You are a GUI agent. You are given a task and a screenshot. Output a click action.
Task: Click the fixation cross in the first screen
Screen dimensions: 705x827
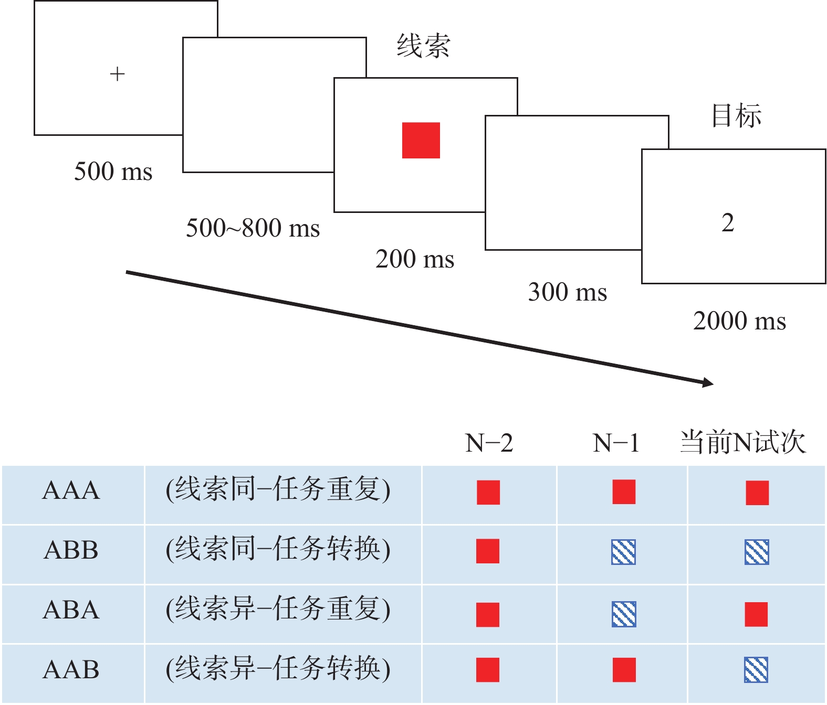coord(117,74)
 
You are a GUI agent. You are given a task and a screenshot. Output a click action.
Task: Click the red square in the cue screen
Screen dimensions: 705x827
coord(421,140)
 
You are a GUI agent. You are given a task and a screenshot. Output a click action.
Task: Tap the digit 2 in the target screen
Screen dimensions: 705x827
coord(728,223)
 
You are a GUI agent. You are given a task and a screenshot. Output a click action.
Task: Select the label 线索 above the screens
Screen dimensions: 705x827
coord(423,46)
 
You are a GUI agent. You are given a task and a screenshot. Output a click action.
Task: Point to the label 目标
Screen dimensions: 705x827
coord(736,115)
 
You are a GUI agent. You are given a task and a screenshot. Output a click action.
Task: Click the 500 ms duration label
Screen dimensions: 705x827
coord(113,172)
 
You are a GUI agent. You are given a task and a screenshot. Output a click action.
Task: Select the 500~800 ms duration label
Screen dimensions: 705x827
coord(253,228)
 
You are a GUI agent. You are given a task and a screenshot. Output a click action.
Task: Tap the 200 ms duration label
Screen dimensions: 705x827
coord(415,259)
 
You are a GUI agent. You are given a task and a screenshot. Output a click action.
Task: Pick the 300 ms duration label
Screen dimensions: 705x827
coord(567,292)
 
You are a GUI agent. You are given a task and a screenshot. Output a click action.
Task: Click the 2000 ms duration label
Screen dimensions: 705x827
coord(739,321)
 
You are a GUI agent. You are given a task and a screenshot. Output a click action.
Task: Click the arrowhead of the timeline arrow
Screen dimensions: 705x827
coord(707,382)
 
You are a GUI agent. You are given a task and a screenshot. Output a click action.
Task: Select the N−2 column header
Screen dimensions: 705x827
coord(489,443)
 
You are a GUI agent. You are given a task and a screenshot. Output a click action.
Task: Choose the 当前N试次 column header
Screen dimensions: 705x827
coord(742,442)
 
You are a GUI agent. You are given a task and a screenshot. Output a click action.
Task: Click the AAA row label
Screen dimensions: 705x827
coord(71,490)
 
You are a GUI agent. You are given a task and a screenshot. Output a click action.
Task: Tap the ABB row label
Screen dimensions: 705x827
coord(71,550)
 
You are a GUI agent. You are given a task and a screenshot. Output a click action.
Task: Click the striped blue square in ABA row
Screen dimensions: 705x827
coord(624,614)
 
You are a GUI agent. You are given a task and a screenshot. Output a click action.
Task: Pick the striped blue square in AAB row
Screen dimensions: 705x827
coord(756,670)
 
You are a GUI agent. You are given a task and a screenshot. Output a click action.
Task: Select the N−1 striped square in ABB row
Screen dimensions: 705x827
coord(624,552)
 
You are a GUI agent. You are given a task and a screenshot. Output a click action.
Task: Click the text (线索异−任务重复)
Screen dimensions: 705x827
coord(278,609)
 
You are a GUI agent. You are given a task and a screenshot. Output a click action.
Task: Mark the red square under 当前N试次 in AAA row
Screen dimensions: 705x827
coord(757,493)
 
